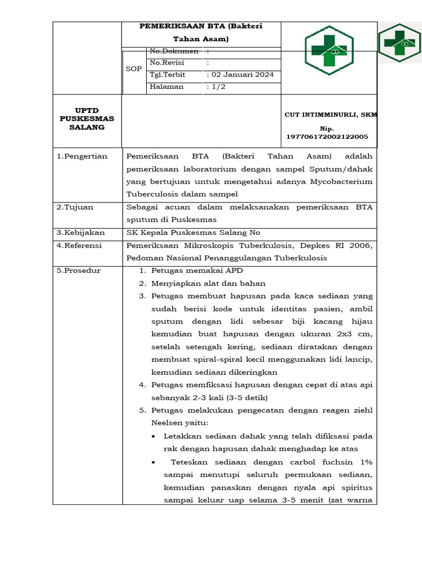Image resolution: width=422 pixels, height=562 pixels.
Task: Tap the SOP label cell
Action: coord(134,69)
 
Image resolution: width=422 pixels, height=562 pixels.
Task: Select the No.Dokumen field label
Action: coord(174,51)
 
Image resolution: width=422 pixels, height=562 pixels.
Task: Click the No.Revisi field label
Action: coord(166,63)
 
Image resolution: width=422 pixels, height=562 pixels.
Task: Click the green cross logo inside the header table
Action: coord(329,50)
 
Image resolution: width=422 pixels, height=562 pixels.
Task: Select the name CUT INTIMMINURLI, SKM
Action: coord(331,114)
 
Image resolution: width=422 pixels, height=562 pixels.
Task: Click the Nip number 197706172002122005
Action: coord(327,136)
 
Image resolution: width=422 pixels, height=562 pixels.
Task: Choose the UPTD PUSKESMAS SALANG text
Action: coord(87,119)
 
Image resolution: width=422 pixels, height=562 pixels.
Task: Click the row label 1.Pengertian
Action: coord(82,156)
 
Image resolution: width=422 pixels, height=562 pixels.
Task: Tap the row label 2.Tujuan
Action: coord(75,207)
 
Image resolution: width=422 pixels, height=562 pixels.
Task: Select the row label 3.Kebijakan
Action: coord(81,233)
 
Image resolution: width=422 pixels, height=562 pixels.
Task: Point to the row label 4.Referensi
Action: coord(80,245)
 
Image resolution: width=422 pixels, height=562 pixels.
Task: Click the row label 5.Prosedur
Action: coord(79,271)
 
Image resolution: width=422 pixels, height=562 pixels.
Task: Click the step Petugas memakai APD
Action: coord(197,271)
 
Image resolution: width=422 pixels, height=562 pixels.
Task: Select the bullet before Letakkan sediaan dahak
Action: coord(153,436)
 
